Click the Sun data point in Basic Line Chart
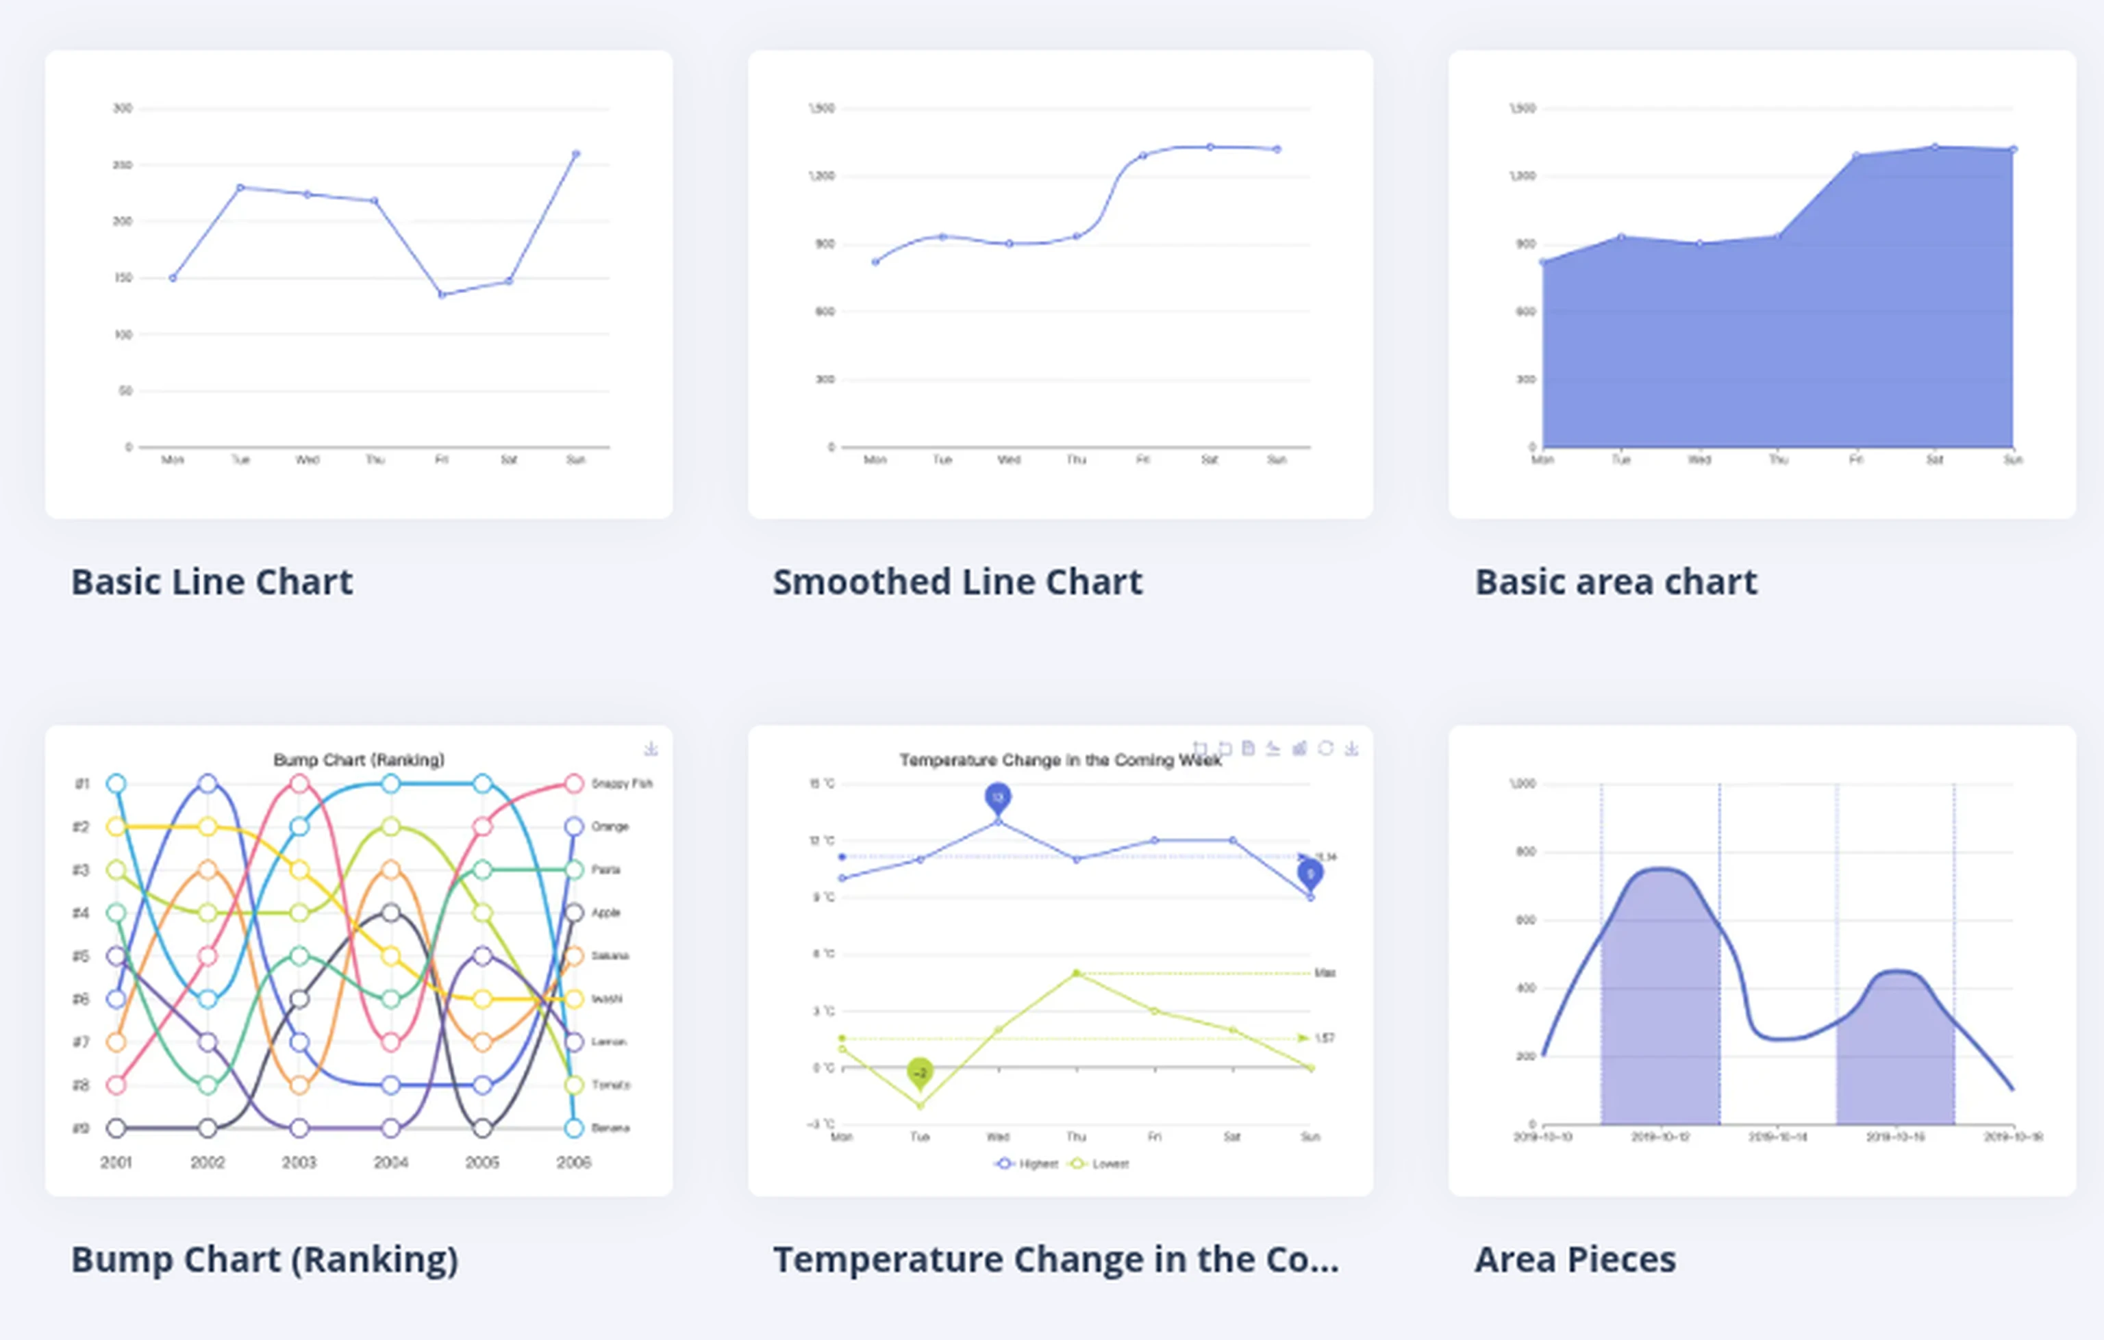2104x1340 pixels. pos(576,154)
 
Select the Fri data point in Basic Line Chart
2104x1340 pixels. pos(442,294)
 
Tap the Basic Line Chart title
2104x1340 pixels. pos(212,582)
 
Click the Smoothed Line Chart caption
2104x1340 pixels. pos(957,582)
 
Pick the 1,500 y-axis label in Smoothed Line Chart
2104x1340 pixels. pos(821,108)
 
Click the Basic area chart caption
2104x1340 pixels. pos(1616,582)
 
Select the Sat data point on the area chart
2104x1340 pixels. pos(1935,147)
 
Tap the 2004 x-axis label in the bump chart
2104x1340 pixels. pos(390,1163)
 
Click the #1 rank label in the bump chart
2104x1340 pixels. pos(82,783)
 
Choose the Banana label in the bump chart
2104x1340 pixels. pos(610,1128)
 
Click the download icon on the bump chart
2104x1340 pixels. pos(651,748)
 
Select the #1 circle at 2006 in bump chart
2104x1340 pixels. pos(574,783)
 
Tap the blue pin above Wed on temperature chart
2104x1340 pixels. pos(998,796)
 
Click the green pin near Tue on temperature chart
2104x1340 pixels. pos(920,1072)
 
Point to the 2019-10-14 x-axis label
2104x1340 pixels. pos(1777,1137)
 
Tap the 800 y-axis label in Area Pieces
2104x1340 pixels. pos(1525,852)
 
